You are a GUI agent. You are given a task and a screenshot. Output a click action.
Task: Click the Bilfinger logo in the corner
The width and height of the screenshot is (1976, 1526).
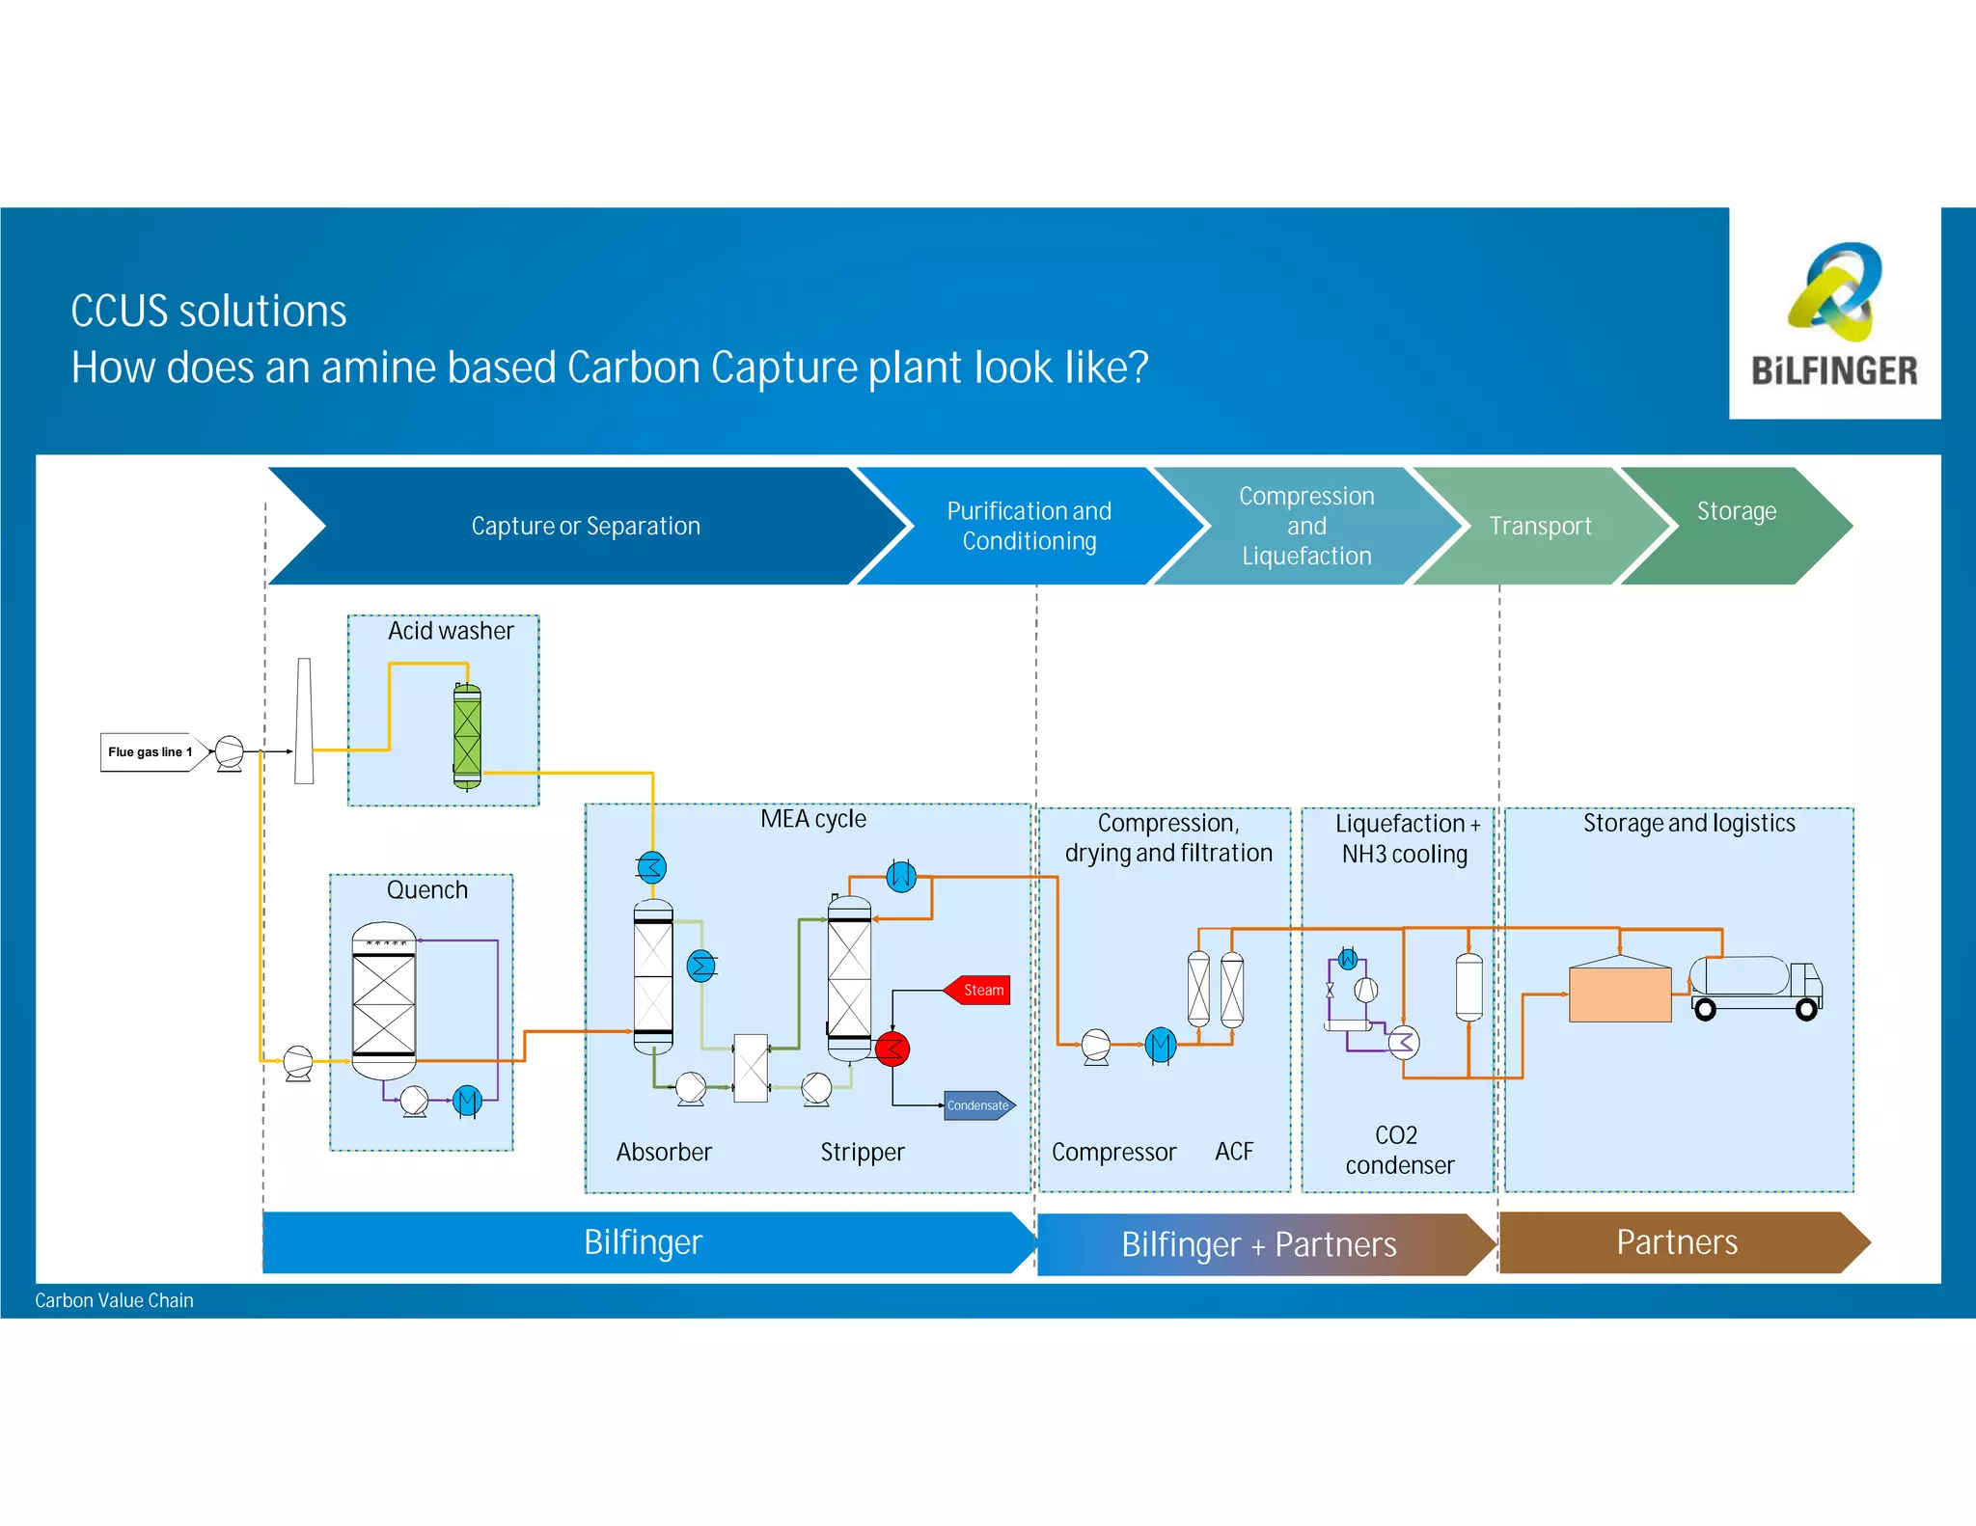(x=1833, y=313)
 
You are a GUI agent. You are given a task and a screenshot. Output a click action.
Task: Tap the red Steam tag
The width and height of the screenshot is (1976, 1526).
(x=978, y=990)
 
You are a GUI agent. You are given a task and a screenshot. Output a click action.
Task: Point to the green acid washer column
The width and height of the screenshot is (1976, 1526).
(x=467, y=736)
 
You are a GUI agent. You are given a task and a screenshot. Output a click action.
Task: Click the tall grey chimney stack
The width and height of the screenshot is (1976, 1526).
(x=304, y=721)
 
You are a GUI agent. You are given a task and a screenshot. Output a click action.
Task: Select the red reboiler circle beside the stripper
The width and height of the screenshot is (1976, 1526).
(x=892, y=1049)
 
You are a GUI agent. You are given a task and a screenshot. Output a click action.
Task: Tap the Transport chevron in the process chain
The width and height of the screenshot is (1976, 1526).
(x=1539, y=526)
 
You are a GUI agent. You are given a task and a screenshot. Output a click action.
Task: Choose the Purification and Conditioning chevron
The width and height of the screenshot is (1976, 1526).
(x=1029, y=526)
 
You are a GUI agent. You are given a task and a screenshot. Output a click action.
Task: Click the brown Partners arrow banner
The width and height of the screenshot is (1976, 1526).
(x=1677, y=1242)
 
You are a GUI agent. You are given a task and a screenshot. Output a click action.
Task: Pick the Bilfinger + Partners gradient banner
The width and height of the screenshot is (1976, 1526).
(x=1258, y=1244)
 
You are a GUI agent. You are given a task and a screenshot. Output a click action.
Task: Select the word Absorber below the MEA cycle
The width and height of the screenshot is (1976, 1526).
(x=664, y=1152)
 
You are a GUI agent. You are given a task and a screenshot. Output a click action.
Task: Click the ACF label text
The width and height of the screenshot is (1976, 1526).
(x=1234, y=1152)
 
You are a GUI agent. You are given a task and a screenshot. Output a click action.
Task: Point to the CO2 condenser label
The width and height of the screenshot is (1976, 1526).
(x=1399, y=1150)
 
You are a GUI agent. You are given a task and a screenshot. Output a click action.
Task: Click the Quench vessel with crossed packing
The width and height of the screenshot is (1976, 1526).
(x=384, y=1003)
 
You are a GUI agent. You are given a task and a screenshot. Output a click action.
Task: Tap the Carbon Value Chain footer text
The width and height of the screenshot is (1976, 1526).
(x=114, y=1300)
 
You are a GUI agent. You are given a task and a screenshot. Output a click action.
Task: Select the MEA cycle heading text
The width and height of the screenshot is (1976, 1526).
(x=812, y=819)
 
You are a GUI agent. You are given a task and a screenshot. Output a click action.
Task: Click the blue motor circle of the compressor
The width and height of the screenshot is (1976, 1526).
(x=1161, y=1045)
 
